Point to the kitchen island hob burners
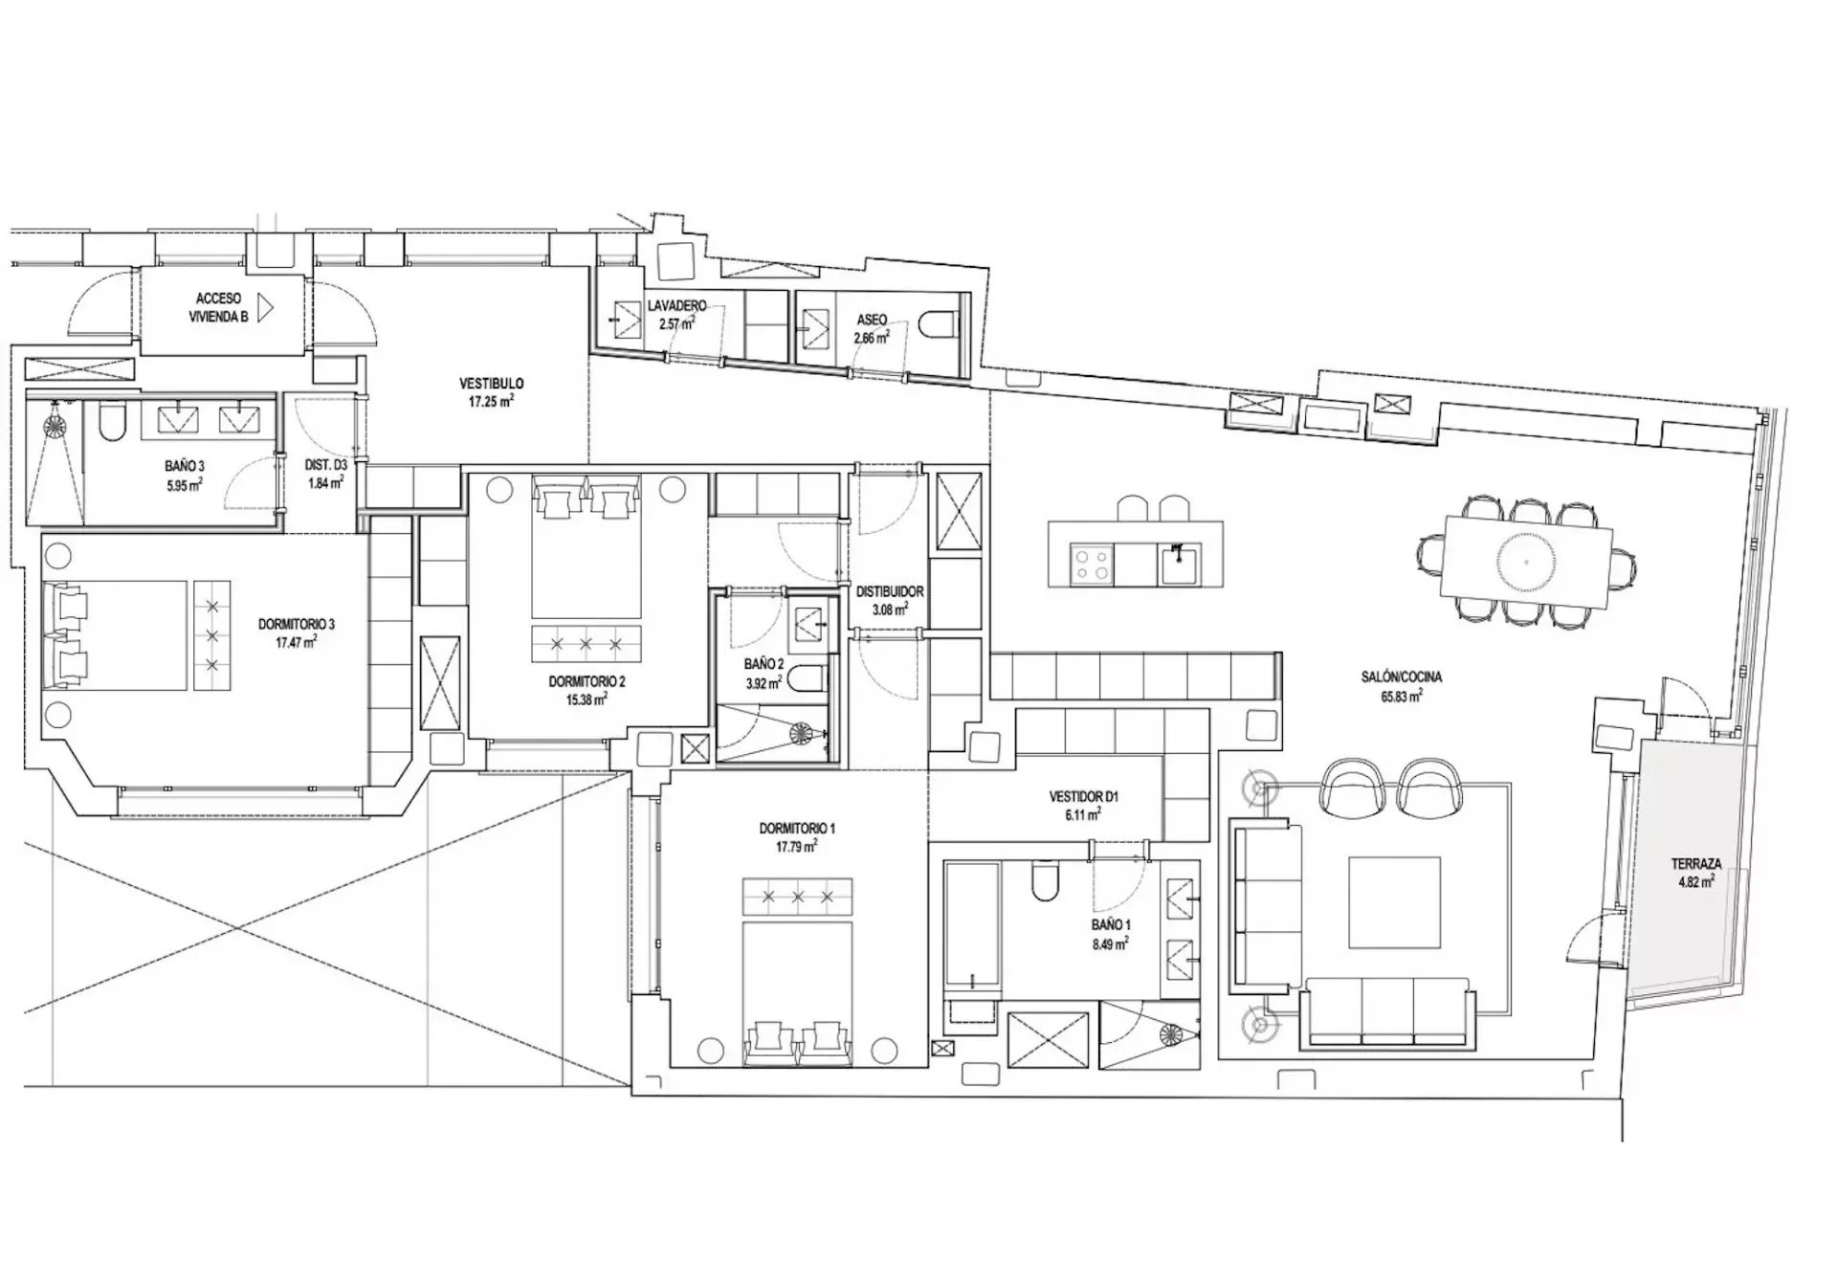[1093, 563]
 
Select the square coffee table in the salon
[1394, 902]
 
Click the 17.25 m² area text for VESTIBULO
[491, 402]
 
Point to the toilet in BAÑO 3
[108, 422]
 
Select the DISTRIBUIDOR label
[890, 591]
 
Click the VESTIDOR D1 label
[1084, 796]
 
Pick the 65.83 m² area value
[1401, 696]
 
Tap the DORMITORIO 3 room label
[297, 624]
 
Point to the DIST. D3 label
[325, 465]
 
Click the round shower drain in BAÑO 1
[1171, 1033]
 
